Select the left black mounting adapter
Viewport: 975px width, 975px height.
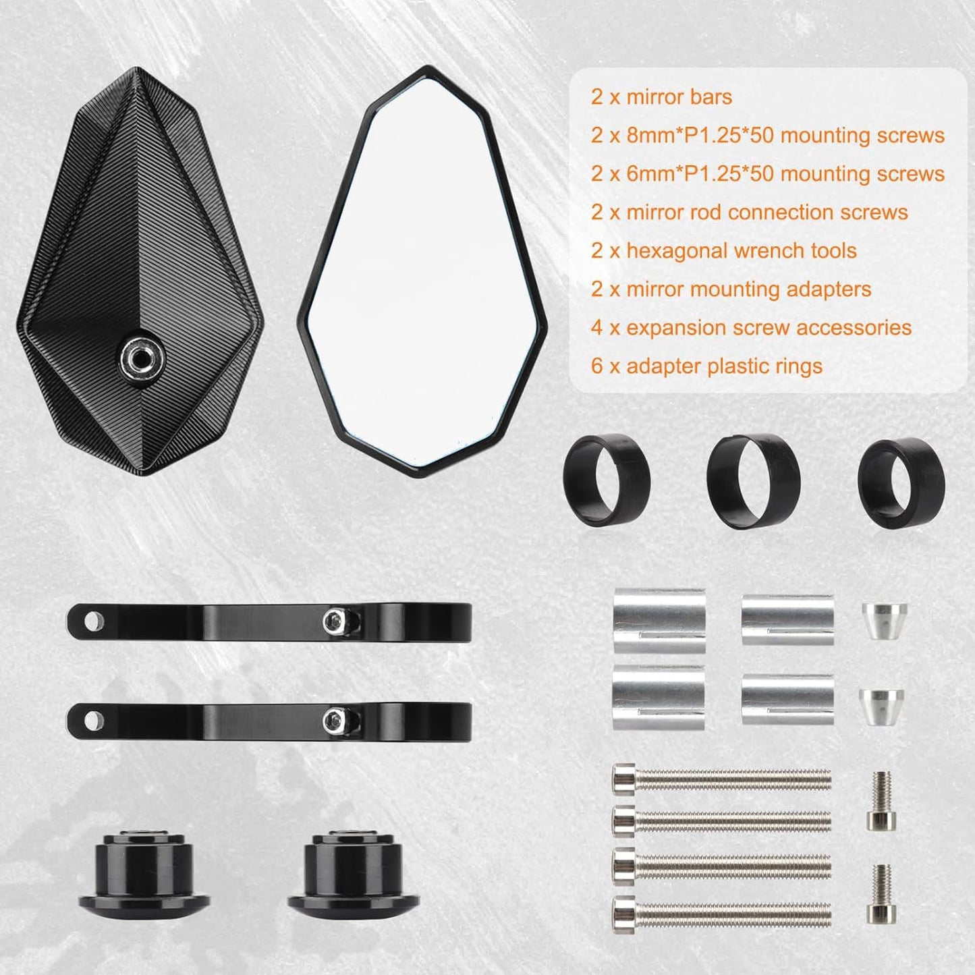144,869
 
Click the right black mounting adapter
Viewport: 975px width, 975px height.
353,869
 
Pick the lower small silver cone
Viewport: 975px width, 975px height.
881,707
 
